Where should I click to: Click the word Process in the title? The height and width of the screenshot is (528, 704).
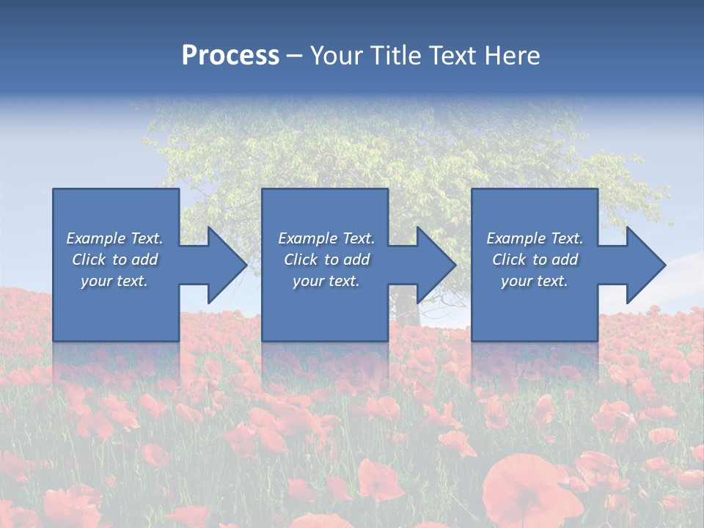(x=230, y=56)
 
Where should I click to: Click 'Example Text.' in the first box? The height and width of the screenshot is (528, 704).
(x=114, y=238)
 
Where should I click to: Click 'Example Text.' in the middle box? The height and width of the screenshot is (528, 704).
(x=326, y=238)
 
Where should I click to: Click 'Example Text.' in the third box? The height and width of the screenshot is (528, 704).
(x=535, y=238)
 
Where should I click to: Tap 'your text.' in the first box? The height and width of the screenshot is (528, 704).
(x=114, y=281)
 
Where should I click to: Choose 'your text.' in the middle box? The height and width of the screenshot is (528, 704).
(x=326, y=281)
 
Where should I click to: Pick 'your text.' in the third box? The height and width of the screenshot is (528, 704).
(x=535, y=281)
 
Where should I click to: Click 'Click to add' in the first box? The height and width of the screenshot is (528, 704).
(x=114, y=260)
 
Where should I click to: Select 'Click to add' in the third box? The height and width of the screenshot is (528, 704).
(x=535, y=260)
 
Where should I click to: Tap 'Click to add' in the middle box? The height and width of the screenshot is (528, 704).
(x=326, y=260)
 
